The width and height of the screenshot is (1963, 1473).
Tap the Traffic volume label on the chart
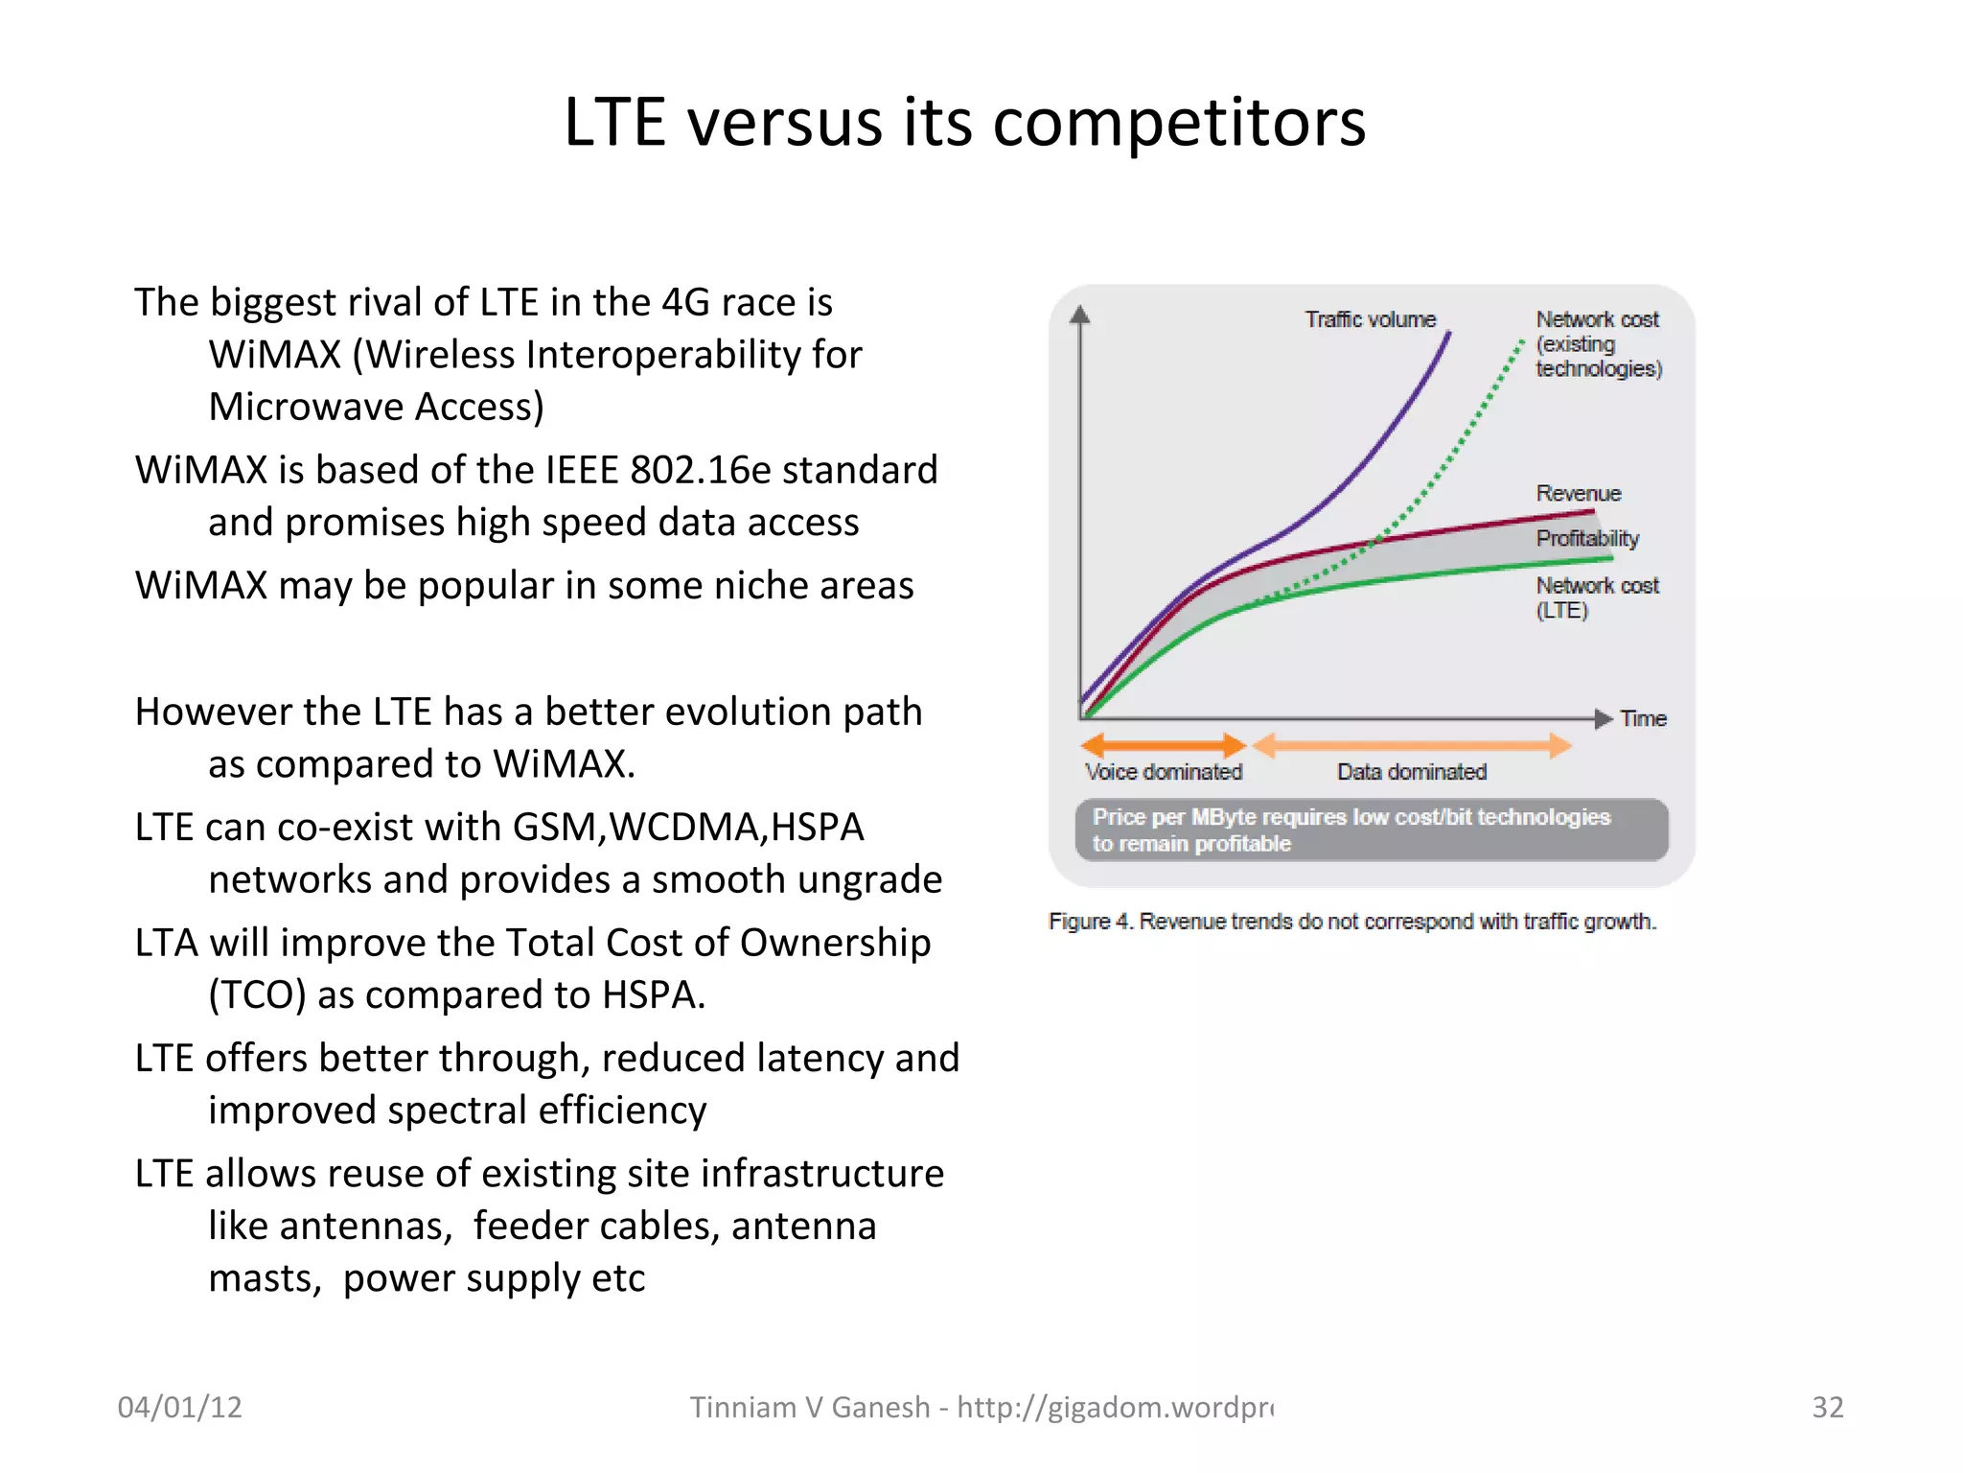click(x=1370, y=319)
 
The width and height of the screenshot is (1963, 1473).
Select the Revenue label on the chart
click(x=1578, y=494)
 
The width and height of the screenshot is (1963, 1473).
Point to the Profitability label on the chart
click(x=1586, y=538)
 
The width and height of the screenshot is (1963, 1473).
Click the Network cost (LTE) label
click(x=1596, y=597)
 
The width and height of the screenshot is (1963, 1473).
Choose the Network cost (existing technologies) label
click(x=1598, y=343)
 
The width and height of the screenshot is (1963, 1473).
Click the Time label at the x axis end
click(x=1643, y=719)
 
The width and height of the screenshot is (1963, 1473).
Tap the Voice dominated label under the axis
click(x=1163, y=772)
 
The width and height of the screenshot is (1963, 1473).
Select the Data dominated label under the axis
click(x=1411, y=772)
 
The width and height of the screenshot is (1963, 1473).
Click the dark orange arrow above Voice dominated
click(x=1163, y=745)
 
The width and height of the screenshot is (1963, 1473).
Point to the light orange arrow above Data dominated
click(x=1411, y=745)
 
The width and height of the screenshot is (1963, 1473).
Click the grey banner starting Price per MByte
click(x=1371, y=830)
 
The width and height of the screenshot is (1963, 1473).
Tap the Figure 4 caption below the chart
click(x=1351, y=922)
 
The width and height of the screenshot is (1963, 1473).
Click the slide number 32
click(x=1827, y=1407)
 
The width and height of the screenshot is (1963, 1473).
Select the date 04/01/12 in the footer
click(x=179, y=1407)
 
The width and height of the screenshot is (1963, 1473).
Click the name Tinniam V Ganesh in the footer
click(x=810, y=1407)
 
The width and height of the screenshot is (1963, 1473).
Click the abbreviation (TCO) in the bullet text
click(x=257, y=995)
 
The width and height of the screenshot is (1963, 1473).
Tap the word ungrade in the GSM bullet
click(x=870, y=879)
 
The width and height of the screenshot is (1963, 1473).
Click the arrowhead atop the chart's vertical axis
click(x=1080, y=315)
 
